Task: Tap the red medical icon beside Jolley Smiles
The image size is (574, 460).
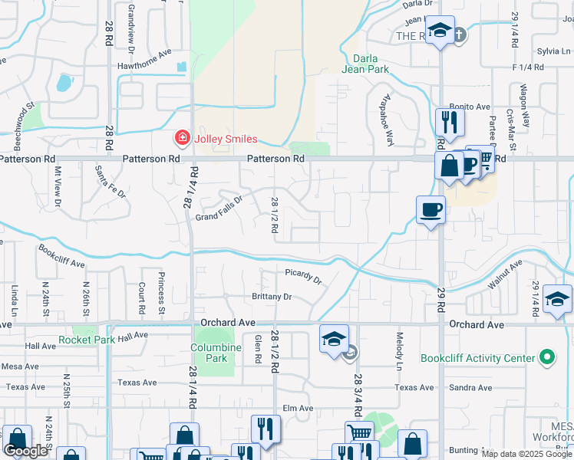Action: [x=183, y=139]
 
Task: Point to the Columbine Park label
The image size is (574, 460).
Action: [x=215, y=353]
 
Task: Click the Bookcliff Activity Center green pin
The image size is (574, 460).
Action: [x=546, y=357]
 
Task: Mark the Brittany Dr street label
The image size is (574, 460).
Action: [x=272, y=297]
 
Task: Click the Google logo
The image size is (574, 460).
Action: [x=26, y=451]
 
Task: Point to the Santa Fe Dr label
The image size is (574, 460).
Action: [x=111, y=182]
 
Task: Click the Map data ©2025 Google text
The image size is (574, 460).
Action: [x=526, y=454]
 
